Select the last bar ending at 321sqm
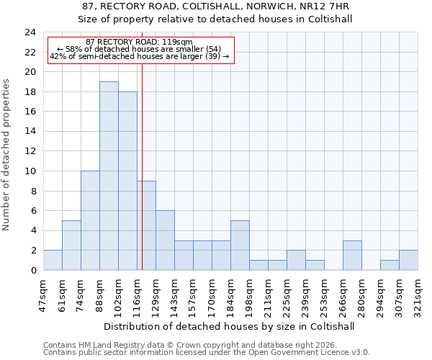click(408, 261)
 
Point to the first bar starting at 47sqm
click(53, 261)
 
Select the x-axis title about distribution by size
click(230, 326)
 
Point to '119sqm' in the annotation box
click(178, 42)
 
